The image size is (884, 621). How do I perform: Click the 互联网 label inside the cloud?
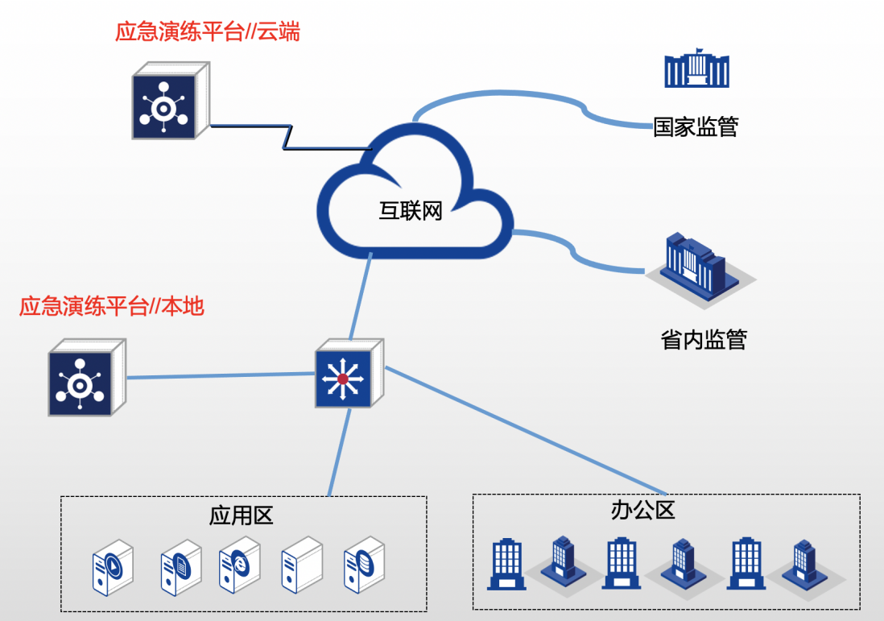pos(411,212)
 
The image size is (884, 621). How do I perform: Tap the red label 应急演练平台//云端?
pos(208,33)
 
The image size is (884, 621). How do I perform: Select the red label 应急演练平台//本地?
pos(112,306)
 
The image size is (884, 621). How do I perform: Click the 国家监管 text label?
pos(696,126)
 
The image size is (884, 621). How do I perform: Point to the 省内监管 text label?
pos(704,340)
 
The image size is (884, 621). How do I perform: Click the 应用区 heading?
pos(242,515)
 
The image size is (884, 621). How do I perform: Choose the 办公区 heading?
pos(642,510)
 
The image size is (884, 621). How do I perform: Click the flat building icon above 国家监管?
pos(696,69)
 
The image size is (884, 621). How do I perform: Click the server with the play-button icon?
pos(114,567)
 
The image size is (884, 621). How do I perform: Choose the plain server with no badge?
pos(302,565)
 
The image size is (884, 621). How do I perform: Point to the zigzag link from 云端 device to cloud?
pos(286,136)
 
